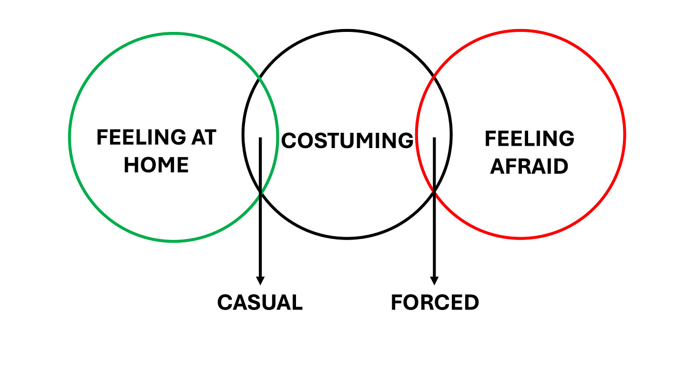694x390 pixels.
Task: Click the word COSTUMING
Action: tap(347, 140)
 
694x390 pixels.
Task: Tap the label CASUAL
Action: tap(260, 302)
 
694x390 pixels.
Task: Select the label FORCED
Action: tap(435, 302)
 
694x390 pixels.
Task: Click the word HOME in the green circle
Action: tap(156, 165)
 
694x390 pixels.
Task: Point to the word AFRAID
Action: tap(529, 167)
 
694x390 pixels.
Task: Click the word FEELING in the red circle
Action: tap(529, 139)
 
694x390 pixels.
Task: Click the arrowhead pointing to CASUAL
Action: tap(260, 280)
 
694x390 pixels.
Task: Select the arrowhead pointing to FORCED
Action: tap(434, 280)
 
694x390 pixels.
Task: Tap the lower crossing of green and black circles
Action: tap(260, 192)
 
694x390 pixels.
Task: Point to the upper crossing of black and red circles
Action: tap(433, 76)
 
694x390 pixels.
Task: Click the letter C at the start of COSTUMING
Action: tap(289, 140)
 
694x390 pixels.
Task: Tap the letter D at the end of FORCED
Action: tap(471, 302)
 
